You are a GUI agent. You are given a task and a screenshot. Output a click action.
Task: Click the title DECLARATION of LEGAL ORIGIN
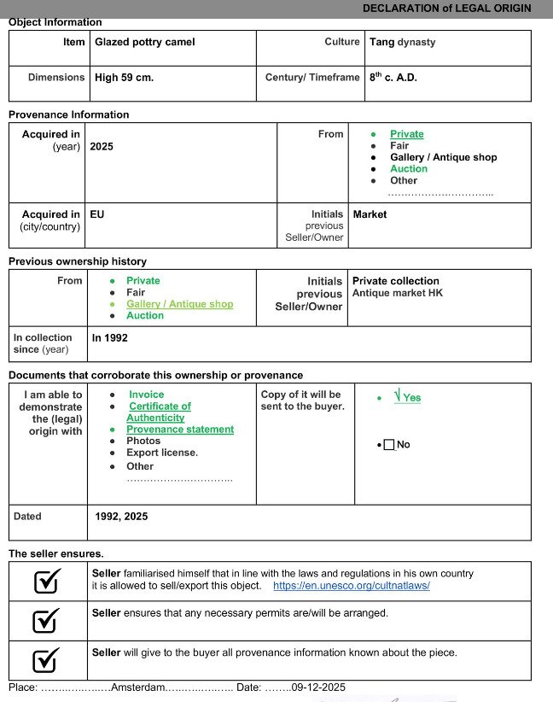(446, 8)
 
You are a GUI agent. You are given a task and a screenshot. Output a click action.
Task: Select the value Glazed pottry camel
(145, 42)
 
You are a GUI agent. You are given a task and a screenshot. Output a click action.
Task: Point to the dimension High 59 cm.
(125, 78)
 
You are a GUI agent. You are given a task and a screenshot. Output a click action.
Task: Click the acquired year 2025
(102, 147)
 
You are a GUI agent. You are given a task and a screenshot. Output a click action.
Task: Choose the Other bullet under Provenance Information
(404, 181)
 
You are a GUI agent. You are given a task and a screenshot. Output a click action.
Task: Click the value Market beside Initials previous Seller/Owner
(370, 215)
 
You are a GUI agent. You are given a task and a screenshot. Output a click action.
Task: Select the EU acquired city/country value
(97, 215)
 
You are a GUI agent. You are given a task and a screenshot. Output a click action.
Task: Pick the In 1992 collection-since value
(110, 338)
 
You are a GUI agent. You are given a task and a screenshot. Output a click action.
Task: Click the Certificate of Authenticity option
(159, 412)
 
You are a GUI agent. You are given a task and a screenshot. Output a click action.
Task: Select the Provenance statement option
(179, 430)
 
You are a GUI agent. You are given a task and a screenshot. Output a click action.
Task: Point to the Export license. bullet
(161, 453)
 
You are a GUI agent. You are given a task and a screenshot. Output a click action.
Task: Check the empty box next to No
(389, 445)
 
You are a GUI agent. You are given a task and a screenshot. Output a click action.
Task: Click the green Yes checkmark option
(407, 397)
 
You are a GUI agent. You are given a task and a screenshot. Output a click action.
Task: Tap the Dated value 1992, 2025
(121, 517)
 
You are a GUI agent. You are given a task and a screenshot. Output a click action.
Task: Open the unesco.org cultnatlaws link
(351, 586)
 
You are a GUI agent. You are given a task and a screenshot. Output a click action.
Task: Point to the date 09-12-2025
(318, 687)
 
